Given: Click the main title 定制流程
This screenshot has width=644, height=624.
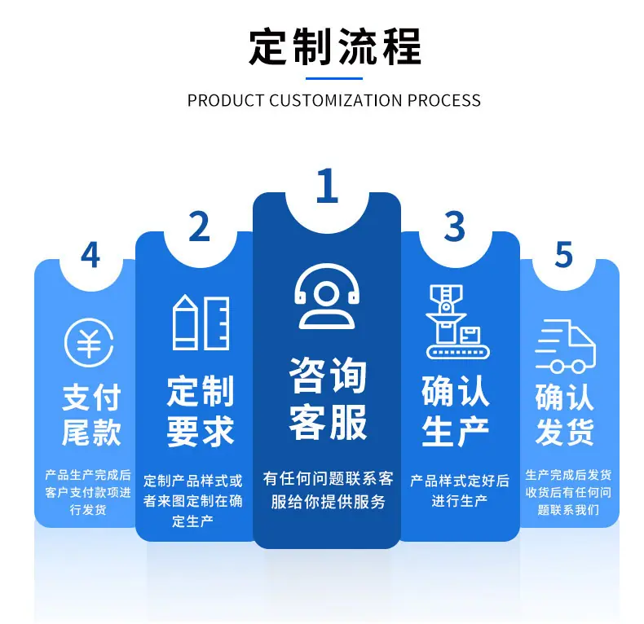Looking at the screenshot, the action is (335, 46).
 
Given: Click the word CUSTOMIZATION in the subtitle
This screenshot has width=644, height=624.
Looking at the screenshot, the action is (336, 100).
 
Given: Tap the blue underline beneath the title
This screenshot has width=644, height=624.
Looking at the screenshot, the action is (334, 78).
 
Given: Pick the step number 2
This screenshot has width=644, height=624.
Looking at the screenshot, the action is (199, 226).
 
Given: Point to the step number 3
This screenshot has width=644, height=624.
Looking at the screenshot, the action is (455, 226).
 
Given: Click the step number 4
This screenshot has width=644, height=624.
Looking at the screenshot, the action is (90, 254).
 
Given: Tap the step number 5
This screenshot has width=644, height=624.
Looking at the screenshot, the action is (563, 254).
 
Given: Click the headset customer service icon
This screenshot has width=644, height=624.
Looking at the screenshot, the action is (327, 297).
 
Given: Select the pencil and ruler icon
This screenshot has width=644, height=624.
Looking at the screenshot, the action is (201, 323).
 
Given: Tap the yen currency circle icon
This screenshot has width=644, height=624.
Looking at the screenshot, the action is (89, 342).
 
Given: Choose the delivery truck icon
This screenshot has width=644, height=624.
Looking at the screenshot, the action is (565, 346).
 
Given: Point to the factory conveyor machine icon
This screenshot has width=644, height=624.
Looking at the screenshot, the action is (457, 322).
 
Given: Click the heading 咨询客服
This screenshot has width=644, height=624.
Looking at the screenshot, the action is (328, 398).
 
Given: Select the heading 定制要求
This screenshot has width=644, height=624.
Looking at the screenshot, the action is (201, 411).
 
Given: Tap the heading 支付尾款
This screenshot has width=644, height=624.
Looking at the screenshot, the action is (91, 415).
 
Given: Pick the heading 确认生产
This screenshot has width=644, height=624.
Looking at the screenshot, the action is (456, 411).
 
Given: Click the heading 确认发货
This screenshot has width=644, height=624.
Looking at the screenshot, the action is (565, 415).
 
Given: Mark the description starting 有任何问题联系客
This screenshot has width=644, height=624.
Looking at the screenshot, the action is (328, 490).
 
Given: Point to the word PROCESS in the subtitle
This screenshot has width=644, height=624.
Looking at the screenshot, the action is (444, 100).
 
